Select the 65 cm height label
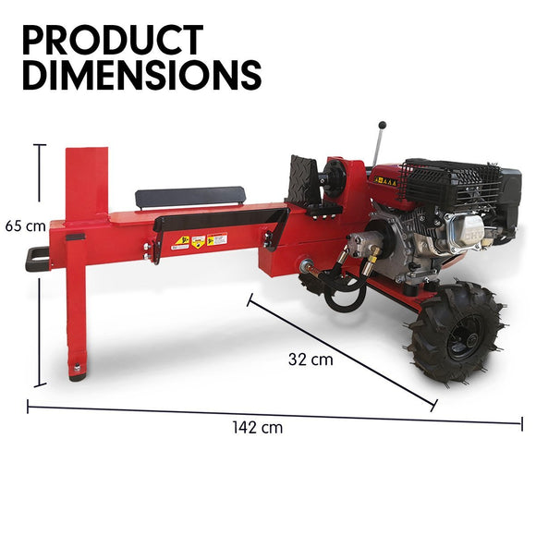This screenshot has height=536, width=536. click(x=25, y=225)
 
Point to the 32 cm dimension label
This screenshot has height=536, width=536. click(x=310, y=359)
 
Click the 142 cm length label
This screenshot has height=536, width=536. click(x=258, y=427)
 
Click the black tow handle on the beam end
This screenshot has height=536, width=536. click(x=36, y=259)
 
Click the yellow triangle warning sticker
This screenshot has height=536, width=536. click(x=183, y=242)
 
